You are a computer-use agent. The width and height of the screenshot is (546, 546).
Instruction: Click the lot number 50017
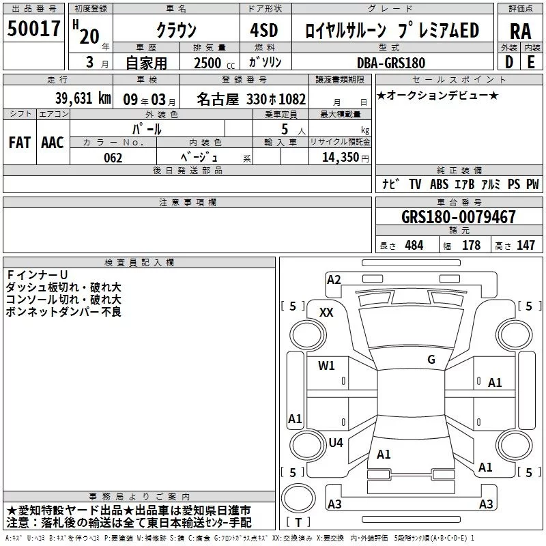tap(33, 29)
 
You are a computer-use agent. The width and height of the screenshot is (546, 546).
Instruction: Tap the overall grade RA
tap(520, 31)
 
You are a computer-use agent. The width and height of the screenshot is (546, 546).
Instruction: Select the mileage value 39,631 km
tap(83, 98)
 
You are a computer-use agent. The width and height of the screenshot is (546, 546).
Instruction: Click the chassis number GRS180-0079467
tap(458, 216)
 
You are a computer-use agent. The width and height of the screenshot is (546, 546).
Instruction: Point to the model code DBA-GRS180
tap(390, 63)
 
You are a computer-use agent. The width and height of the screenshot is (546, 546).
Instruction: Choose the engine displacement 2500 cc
tap(214, 63)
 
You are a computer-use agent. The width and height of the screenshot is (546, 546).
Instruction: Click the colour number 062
tap(113, 158)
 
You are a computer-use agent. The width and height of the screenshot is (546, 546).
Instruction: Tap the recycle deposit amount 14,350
tap(340, 157)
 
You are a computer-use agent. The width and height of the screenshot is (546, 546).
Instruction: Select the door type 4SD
tap(264, 30)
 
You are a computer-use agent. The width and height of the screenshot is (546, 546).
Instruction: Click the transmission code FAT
tap(20, 143)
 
